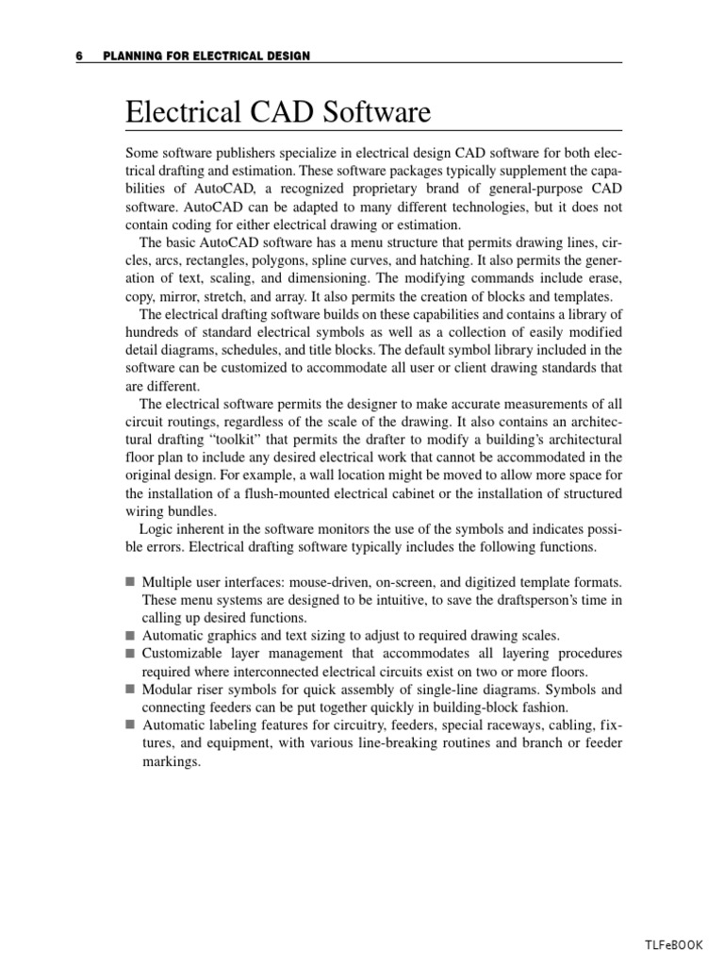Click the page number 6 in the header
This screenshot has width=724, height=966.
click(80, 57)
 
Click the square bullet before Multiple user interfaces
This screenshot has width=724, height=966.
click(130, 583)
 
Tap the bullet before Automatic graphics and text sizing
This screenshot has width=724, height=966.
click(130, 636)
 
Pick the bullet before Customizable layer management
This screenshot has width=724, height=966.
click(130, 654)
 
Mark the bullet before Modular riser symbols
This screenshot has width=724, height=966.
click(130, 690)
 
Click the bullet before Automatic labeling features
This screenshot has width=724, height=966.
click(130, 725)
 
